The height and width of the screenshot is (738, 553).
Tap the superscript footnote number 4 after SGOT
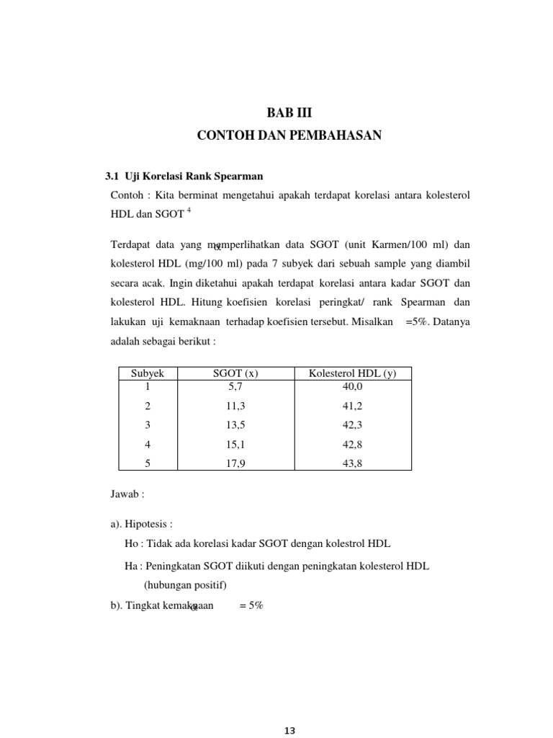click(x=189, y=210)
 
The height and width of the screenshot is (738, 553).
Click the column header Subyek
click(x=148, y=373)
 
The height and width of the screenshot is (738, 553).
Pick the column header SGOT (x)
click(x=236, y=373)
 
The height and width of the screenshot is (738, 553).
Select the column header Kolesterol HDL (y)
click(x=352, y=373)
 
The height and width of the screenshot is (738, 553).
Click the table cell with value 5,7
click(x=236, y=386)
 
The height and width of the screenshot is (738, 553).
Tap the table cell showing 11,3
click(x=236, y=406)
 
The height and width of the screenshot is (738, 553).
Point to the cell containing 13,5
click(x=236, y=425)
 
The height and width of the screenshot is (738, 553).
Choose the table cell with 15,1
click(x=236, y=445)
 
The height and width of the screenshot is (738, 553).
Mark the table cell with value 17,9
click(x=236, y=464)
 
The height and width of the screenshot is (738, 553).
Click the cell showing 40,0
click(x=352, y=386)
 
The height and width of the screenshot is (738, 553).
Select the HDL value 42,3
click(x=352, y=425)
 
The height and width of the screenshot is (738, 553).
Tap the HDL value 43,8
click(x=352, y=464)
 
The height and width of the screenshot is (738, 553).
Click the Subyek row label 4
click(x=148, y=445)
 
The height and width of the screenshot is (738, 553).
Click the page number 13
click(x=289, y=730)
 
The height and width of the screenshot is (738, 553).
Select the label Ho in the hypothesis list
click(x=131, y=543)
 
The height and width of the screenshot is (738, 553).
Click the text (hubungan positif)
click(x=185, y=584)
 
